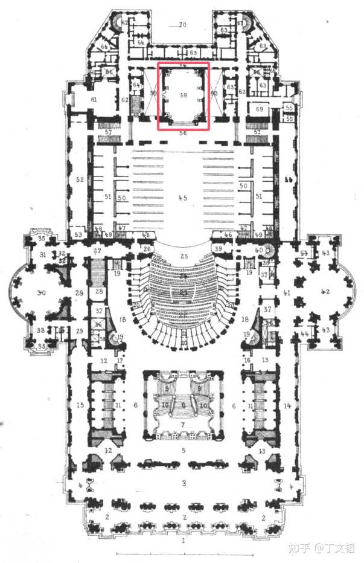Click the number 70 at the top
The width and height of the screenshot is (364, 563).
point(183,25)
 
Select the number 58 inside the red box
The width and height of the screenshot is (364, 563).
point(183,95)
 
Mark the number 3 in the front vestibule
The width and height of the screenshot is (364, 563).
point(183,483)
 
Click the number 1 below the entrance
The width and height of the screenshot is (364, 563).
point(183,541)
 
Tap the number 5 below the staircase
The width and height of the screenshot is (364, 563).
point(183,449)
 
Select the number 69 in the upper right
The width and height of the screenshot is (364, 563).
point(260,109)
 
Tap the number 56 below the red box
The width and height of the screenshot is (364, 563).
point(183,133)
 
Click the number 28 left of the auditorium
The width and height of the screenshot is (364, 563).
point(98,291)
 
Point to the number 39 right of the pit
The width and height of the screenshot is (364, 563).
point(219,249)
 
